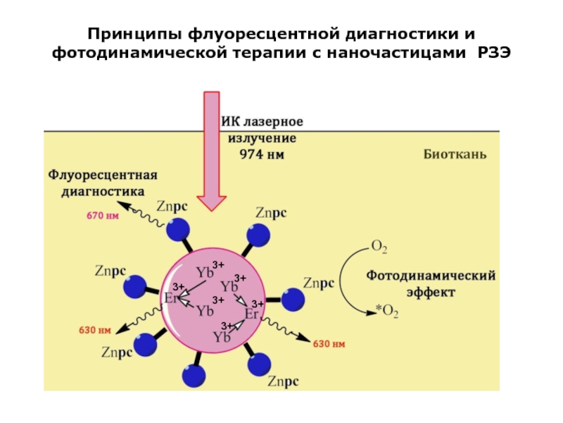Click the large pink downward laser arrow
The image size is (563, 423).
[x=212, y=151]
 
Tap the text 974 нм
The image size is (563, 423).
[x=262, y=154]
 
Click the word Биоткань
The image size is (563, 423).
[x=455, y=154]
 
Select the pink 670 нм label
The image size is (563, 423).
[x=103, y=216]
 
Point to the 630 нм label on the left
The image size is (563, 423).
[x=95, y=330]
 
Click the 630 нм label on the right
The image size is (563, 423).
[x=329, y=344]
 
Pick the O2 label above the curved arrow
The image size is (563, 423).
[x=379, y=247]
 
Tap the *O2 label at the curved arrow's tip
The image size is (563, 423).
[x=387, y=311]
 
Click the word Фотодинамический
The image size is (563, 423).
[x=431, y=276]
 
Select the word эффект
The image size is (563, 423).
[x=431, y=292]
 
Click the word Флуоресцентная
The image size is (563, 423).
[x=103, y=175]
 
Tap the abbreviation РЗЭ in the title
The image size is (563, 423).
[x=494, y=53]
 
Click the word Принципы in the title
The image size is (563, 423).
[x=134, y=35]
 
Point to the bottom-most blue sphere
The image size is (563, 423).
[x=194, y=376]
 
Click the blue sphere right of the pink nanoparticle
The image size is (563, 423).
[x=293, y=300]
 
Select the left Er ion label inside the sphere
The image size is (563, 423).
[x=171, y=298]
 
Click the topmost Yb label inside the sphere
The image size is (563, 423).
[x=205, y=272]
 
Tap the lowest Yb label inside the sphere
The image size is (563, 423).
[x=222, y=337]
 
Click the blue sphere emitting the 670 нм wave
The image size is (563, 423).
[x=178, y=230]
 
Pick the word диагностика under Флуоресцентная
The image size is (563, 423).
[x=103, y=191]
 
